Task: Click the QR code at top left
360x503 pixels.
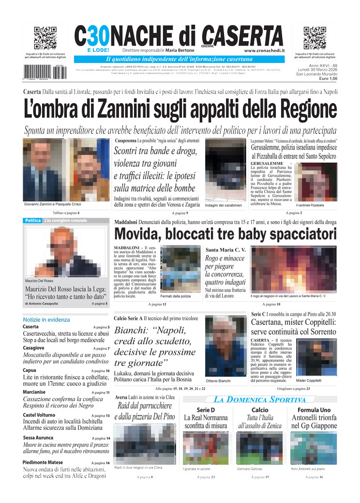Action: tap(45, 38)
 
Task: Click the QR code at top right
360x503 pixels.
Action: tap(315, 38)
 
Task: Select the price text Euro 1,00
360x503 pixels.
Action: tap(328, 78)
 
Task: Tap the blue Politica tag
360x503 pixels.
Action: tap(33, 221)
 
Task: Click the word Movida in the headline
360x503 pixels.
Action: tap(137, 234)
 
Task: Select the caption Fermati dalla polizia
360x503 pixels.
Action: tap(176, 296)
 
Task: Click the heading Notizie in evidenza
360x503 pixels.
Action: tap(46, 320)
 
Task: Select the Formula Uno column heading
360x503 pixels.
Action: tap(314, 410)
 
